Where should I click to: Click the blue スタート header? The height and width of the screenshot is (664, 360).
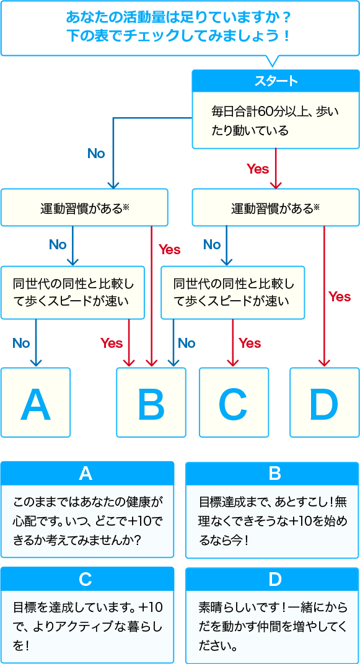point(276,81)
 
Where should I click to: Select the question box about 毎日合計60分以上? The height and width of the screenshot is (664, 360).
point(276,120)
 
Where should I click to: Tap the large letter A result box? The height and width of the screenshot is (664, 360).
point(35,402)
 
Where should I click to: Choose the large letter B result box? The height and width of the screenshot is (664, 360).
point(151,402)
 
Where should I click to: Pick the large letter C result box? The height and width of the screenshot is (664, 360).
point(234,402)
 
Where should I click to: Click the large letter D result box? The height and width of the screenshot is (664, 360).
point(325,402)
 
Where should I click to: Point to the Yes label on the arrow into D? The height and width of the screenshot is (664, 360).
point(340,297)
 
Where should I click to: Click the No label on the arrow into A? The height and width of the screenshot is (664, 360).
point(21,343)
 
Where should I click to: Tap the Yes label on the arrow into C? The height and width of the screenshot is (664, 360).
point(250,343)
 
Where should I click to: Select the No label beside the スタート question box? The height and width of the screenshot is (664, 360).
point(96,153)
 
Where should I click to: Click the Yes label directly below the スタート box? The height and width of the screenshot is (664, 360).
point(258,169)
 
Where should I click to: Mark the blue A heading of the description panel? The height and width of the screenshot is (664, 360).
point(87,474)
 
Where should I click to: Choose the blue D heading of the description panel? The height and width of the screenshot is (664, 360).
point(272,580)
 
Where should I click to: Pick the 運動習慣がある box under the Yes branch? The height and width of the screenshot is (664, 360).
point(276,208)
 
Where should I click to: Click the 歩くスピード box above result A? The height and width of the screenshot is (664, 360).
point(72,293)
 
